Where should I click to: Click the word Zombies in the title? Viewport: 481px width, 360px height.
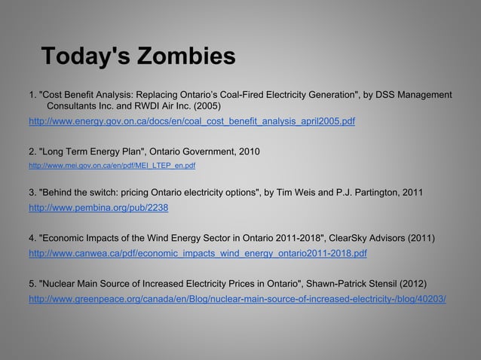tap(182, 56)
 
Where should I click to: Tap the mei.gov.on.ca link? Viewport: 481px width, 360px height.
tap(112, 164)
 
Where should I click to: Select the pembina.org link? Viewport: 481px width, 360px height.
tap(98, 208)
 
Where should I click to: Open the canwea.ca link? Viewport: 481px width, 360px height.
tap(198, 253)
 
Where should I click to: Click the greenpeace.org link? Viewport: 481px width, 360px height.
tap(237, 298)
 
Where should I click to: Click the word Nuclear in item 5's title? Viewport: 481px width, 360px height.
tap(60, 285)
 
